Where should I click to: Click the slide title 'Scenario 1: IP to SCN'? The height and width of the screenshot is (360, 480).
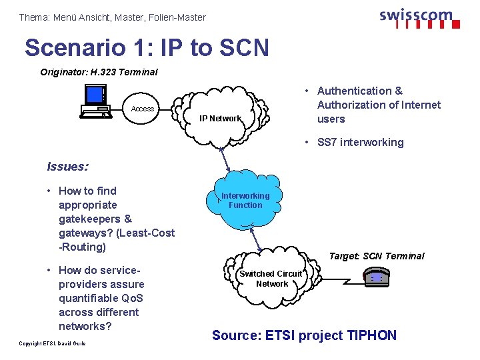[x=147, y=47]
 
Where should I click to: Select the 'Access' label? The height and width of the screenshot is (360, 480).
[x=142, y=109]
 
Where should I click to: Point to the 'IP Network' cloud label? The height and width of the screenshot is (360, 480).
[x=221, y=119]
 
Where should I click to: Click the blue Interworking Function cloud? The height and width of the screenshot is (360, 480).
[x=245, y=201]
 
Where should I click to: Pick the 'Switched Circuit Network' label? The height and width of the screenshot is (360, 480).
[x=271, y=279]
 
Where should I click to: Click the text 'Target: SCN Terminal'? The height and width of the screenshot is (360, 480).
[x=377, y=256]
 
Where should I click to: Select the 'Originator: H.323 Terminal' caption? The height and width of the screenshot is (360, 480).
[x=99, y=72]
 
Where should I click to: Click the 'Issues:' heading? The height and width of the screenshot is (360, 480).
[x=68, y=167]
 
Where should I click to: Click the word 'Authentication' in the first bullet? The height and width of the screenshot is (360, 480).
[x=355, y=91]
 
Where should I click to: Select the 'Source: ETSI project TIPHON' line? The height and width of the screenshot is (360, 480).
[x=304, y=335]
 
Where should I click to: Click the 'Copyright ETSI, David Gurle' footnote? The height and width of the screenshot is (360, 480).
[x=53, y=343]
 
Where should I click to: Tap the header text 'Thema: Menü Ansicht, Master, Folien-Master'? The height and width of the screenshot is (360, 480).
[x=112, y=17]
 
